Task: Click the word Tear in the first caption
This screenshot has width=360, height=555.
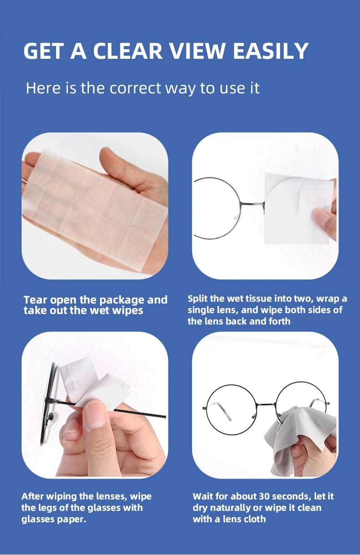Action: tap(35, 300)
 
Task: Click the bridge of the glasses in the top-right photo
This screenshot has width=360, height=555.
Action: tap(252, 203)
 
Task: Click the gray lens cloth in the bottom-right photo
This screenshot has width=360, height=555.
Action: tap(292, 437)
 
